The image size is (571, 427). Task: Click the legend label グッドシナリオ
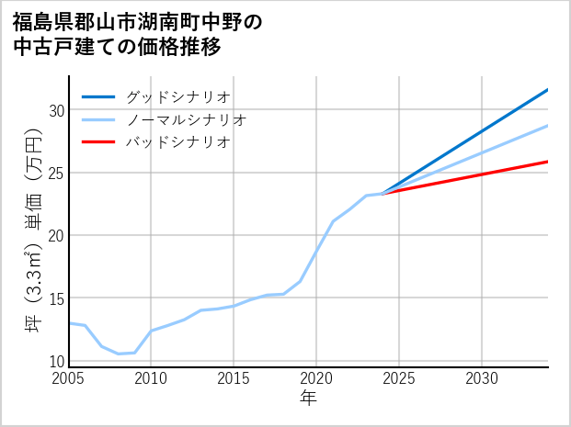178,96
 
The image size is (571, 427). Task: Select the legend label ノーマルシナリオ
187,119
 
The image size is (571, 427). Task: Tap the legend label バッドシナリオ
178,142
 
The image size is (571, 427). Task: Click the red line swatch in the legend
98,142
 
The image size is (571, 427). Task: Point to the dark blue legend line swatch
98,96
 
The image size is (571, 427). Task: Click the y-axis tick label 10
56,361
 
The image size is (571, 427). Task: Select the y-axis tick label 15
56,298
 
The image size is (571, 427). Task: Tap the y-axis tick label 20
56,235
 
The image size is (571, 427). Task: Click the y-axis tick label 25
56,173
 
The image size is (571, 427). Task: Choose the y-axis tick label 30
56,110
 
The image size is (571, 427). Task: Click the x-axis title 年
308,399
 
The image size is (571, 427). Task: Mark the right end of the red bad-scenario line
547,162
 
